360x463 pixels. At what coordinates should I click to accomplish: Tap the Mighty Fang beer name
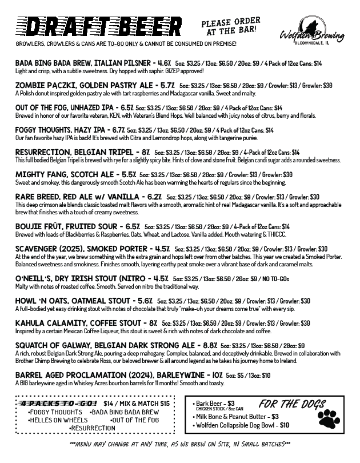(38, 174)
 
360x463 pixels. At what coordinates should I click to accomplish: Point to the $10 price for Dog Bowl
(284, 425)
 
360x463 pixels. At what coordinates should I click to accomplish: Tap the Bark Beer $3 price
(231, 402)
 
